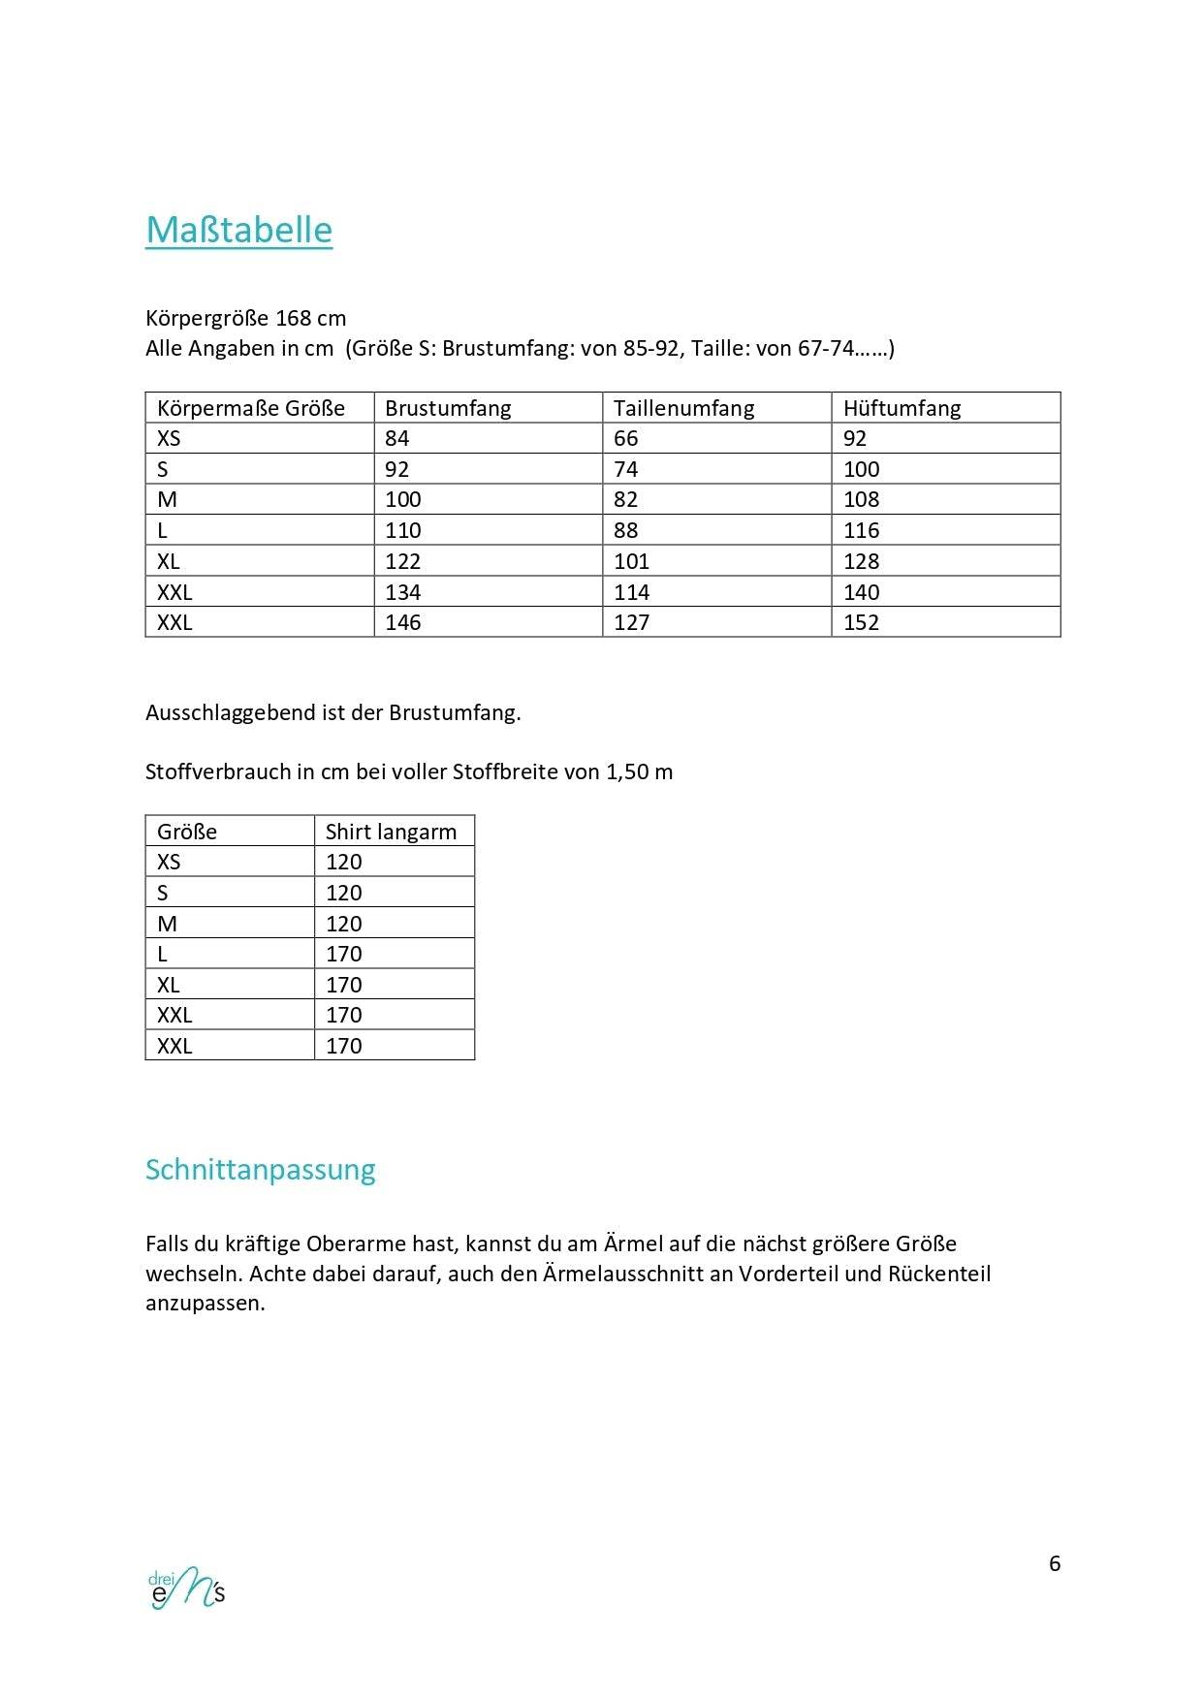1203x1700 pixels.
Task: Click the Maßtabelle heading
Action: [238, 231]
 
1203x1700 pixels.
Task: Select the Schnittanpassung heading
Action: [260, 1170]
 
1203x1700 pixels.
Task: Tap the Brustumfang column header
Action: [448, 408]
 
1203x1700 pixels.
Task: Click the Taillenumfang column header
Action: [683, 408]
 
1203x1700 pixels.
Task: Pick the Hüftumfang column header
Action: [902, 408]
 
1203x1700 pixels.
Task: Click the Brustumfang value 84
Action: [397, 438]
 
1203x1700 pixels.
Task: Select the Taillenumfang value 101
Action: [631, 561]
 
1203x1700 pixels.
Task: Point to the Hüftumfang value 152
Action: [861, 622]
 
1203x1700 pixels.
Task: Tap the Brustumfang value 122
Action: [403, 561]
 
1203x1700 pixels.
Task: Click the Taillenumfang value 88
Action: [626, 530]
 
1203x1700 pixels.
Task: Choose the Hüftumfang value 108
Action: [861, 499]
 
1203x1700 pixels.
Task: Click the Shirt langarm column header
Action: [391, 832]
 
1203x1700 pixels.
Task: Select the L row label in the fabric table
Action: [163, 954]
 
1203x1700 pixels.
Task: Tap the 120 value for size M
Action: [344, 924]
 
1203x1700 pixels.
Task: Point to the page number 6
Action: [1055, 1563]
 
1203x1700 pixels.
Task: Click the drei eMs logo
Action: [186, 1588]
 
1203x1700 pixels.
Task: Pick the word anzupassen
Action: [205, 1304]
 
